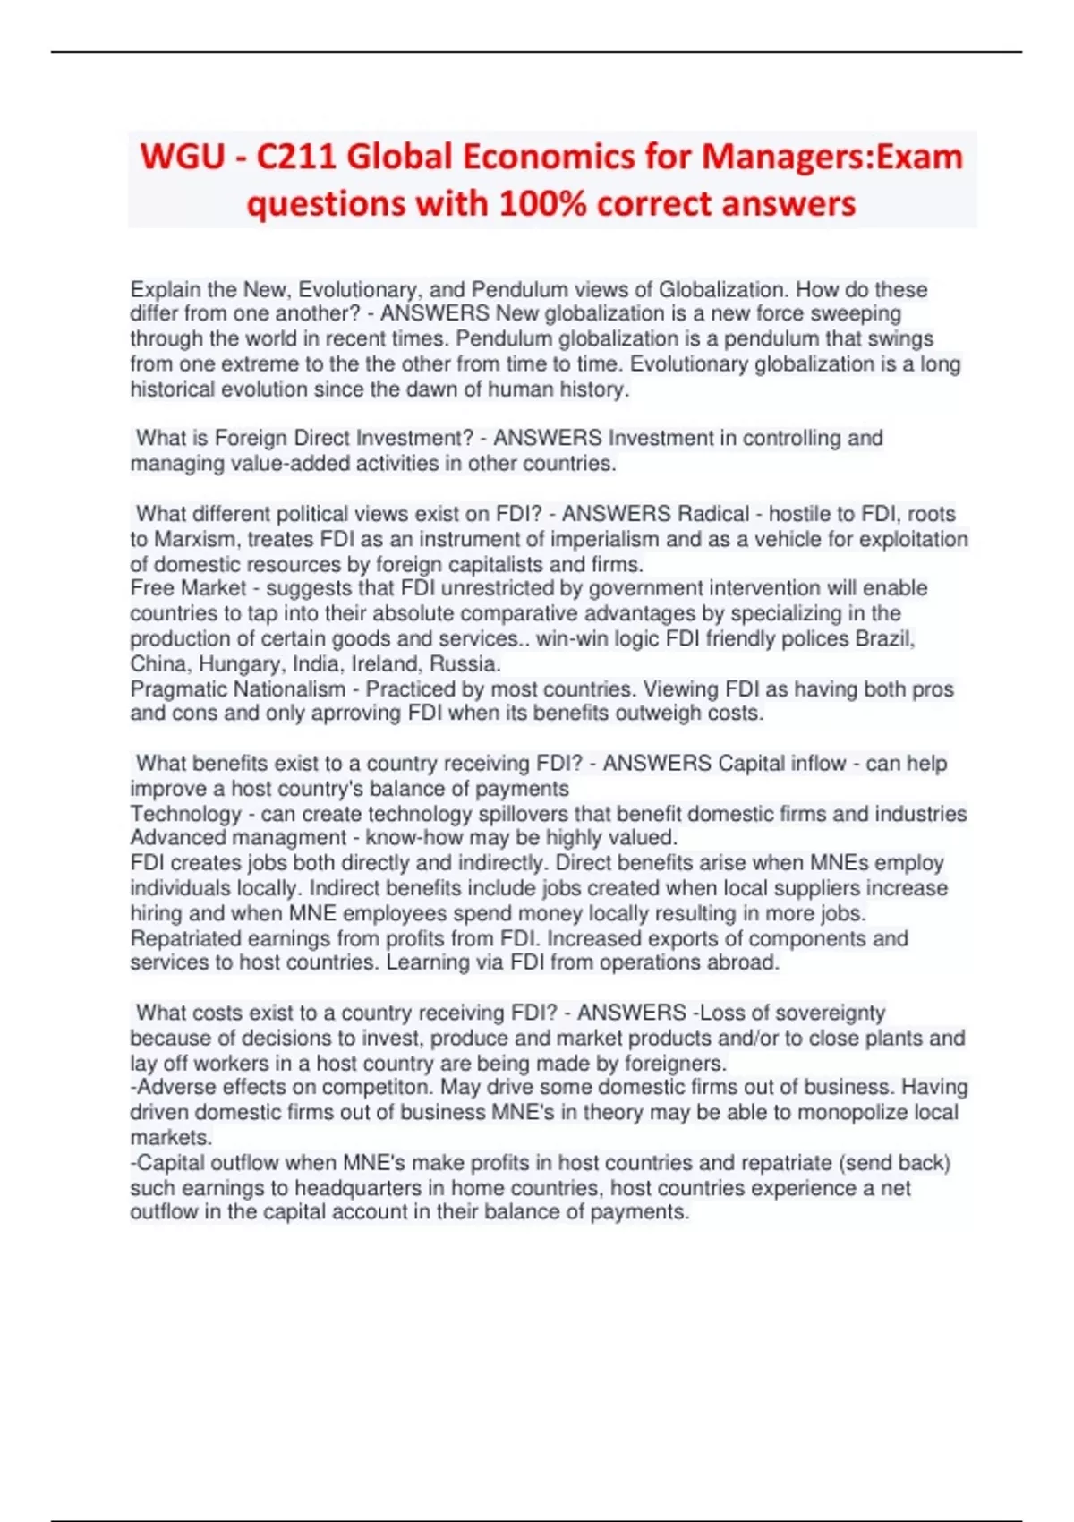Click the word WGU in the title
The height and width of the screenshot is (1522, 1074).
(183, 158)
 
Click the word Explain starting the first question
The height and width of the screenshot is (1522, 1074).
(166, 290)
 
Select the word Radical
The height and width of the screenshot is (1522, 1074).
(713, 514)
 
